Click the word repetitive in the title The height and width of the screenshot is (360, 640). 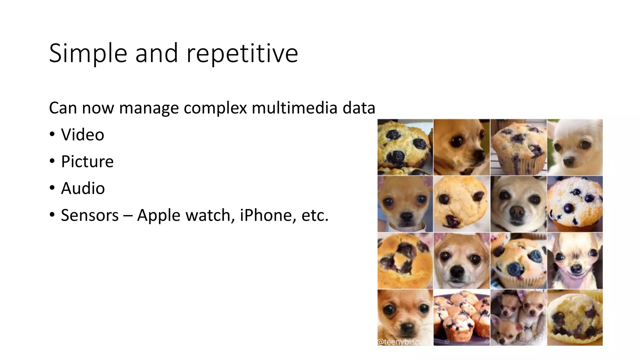242,53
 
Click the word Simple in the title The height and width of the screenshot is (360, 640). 88,53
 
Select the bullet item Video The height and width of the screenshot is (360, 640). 82,135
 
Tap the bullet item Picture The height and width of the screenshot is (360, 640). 87,162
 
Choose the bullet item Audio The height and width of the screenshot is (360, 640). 83,188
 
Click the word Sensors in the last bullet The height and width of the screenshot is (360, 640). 90,215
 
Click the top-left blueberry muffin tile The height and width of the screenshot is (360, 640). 405,147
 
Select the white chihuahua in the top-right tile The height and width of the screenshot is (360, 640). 575,147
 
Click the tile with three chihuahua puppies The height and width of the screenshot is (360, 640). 518,317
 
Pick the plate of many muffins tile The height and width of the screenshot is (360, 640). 462,317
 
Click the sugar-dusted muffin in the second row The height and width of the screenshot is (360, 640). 575,204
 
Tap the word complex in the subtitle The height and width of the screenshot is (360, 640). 215,108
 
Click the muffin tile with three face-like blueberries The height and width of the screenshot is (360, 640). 462,204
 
